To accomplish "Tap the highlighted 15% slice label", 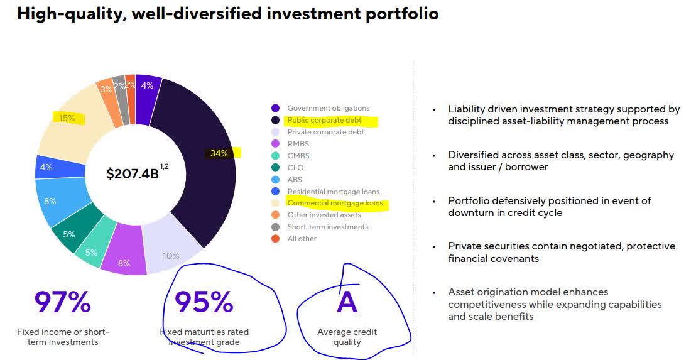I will [x=67, y=118].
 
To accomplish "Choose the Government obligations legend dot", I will [x=275, y=108].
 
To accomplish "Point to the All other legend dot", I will [x=275, y=239].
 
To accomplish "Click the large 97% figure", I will [x=63, y=302].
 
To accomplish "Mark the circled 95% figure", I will [x=204, y=302].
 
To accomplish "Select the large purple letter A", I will [x=347, y=302].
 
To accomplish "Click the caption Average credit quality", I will [x=347, y=337].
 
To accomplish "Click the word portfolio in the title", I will [x=402, y=14].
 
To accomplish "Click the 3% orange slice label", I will [x=106, y=89].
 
